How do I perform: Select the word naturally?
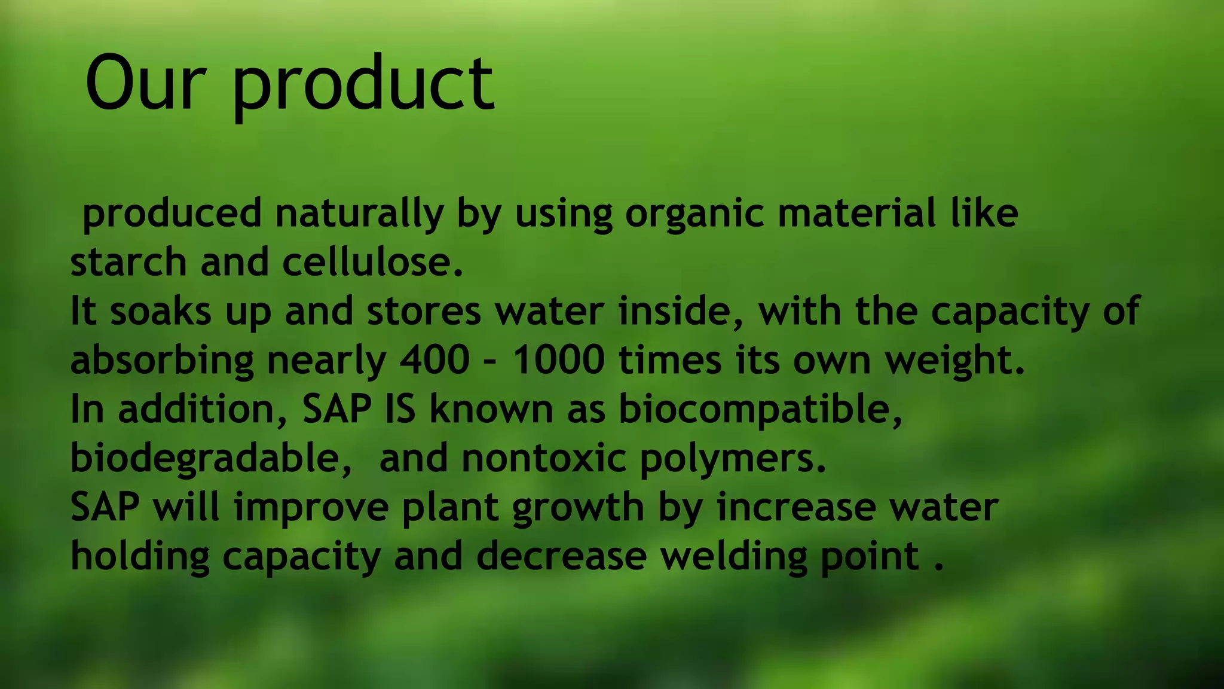359,214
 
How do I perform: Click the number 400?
434,360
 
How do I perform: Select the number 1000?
559,360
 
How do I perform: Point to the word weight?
954,361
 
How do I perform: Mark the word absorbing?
162,361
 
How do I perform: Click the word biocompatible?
760,410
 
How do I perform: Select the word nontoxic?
544,458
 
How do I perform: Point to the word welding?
733,556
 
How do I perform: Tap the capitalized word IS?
400,409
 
